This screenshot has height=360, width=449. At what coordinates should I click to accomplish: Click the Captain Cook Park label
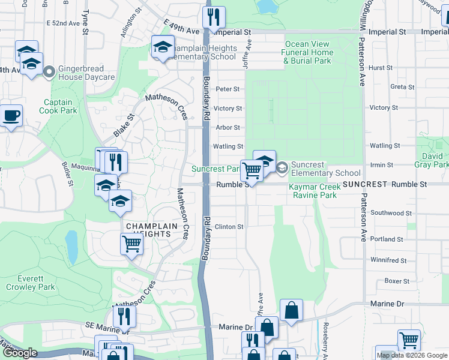(x=59, y=106)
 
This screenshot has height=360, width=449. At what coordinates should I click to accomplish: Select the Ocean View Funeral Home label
(x=308, y=53)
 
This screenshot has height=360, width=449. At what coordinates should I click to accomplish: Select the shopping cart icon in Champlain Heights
(x=131, y=244)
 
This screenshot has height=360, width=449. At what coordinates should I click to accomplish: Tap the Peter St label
(x=228, y=89)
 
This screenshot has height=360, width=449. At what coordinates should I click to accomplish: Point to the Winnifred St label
(x=388, y=260)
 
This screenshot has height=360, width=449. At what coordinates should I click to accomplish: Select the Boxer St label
(x=397, y=281)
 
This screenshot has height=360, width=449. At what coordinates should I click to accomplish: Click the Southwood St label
(x=391, y=213)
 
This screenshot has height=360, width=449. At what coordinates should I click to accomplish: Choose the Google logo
(x=19, y=353)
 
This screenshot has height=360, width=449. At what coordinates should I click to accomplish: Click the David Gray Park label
(x=432, y=160)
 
